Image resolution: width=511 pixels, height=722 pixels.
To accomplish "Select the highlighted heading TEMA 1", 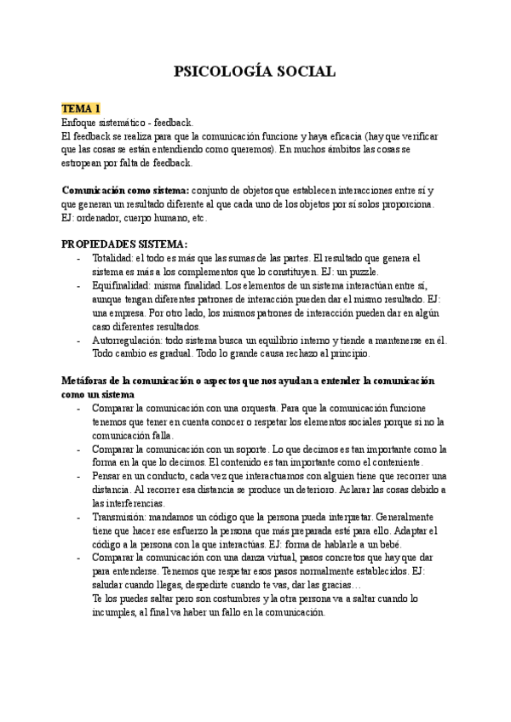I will click(x=81, y=109).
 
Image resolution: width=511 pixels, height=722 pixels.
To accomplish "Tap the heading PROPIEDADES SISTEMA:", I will click(x=124, y=244).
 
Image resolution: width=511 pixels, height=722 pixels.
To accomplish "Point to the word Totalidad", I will click(x=112, y=258).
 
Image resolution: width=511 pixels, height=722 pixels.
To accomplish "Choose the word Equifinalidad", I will click(x=120, y=285).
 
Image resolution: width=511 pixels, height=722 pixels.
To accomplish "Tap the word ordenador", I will click(x=100, y=217).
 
